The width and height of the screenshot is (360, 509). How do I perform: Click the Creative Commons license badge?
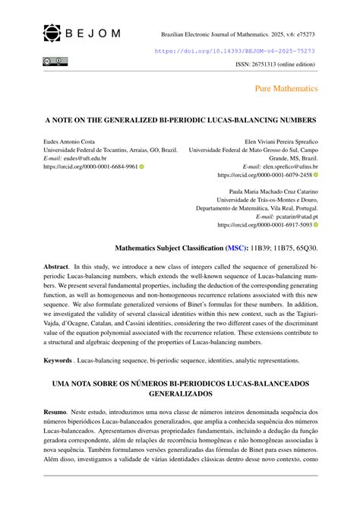pos(56,61)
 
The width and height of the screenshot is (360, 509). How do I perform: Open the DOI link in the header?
pos(235,51)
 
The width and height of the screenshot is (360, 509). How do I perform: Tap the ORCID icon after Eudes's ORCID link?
pos(142,166)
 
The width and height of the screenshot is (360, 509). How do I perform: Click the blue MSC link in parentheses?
pos(238,248)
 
